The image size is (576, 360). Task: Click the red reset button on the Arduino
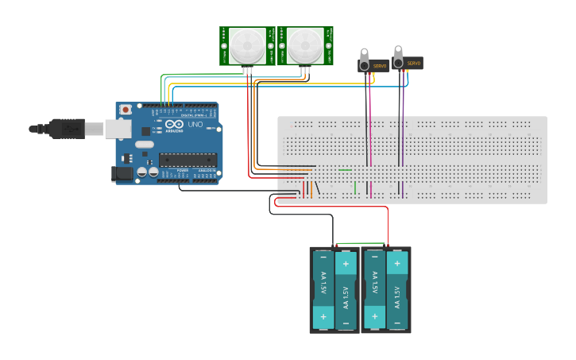(126, 110)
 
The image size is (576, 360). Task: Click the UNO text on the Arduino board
(195, 125)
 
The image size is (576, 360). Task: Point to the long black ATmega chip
(187, 160)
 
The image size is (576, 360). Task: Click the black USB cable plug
(68, 127)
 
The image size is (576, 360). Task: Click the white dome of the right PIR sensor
(305, 46)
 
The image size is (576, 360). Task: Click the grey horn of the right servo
(398, 56)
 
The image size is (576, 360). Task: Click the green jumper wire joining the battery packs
(361, 243)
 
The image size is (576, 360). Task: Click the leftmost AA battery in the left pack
(323, 290)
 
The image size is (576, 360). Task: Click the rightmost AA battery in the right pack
(397, 290)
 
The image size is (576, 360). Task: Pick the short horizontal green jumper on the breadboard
(345, 169)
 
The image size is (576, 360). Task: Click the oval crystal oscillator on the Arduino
(144, 145)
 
